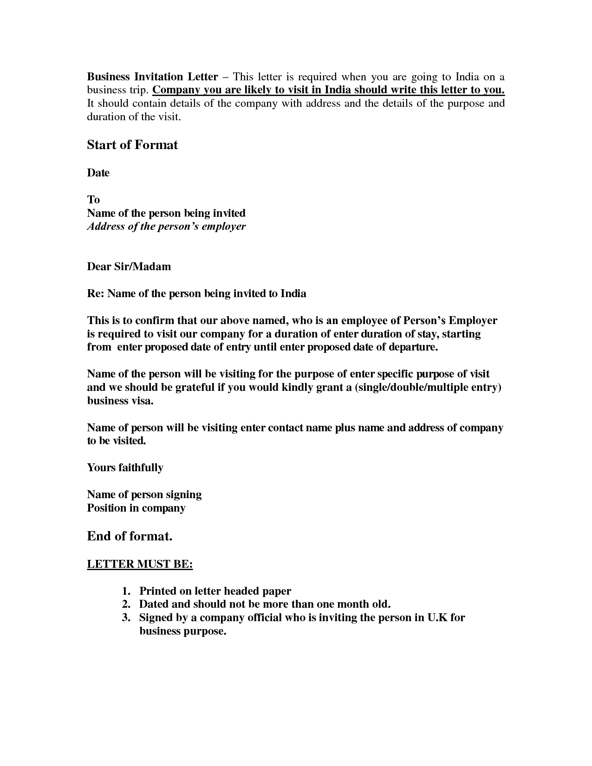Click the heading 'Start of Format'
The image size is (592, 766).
132,145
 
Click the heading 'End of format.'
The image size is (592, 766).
130,536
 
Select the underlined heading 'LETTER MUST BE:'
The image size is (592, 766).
140,564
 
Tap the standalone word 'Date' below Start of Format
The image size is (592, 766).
98,173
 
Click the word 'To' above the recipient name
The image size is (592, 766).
93,200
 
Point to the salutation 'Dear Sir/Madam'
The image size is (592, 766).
129,266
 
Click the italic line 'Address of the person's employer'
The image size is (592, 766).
166,227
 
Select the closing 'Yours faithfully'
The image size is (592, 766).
125,467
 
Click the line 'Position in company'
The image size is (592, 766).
136,508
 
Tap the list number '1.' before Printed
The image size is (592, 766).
126,591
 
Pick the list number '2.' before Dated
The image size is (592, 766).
126,604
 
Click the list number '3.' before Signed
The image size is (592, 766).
126,617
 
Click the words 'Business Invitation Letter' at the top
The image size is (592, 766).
152,77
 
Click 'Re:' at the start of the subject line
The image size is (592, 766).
95,293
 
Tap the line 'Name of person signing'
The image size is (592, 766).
144,494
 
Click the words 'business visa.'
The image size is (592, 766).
120,401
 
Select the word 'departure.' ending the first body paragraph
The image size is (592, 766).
413,347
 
